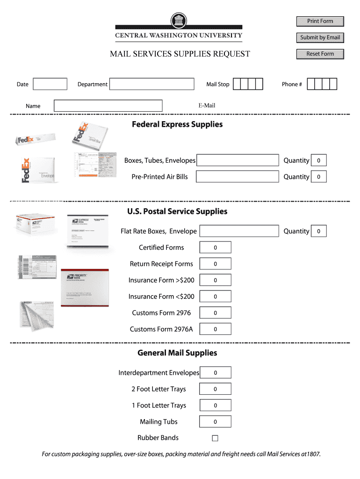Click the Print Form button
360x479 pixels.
[320, 21]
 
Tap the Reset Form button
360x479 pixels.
[320, 54]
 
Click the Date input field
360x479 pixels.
[50, 84]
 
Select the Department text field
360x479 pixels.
[151, 84]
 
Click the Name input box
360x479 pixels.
[108, 106]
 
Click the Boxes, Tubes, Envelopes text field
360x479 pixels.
[238, 160]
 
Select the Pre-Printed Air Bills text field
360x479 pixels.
[238, 177]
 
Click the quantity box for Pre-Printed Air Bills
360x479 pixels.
[319, 177]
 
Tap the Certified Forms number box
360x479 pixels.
[215, 247]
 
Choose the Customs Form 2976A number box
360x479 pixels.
[215, 329]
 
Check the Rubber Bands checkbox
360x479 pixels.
[215, 438]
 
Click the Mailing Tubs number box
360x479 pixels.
[215, 422]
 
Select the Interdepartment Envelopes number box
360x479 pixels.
[215, 373]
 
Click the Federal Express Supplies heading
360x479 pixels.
[177, 124]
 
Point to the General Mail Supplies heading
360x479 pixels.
[177, 353]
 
